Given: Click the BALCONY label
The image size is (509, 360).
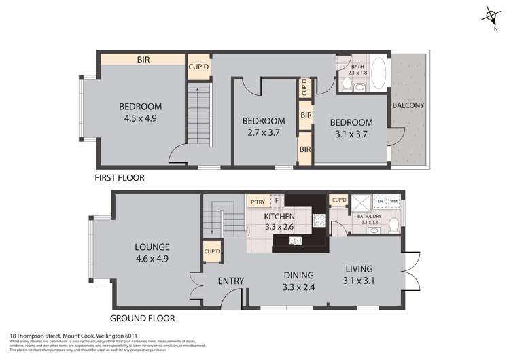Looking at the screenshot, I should [x=408, y=105].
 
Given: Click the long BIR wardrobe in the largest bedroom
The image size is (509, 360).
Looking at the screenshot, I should [x=143, y=60].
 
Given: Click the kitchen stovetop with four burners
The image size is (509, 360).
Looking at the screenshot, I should [x=317, y=219].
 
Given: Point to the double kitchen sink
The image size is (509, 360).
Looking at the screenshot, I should [x=294, y=240].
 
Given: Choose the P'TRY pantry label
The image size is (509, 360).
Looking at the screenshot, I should [x=258, y=202].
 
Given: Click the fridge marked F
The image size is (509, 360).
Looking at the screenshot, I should [x=276, y=201].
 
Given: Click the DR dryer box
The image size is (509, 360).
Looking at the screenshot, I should [x=381, y=202].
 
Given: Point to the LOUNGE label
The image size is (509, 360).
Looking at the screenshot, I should [x=152, y=247].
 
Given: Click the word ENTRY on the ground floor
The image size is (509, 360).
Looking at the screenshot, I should [x=231, y=281].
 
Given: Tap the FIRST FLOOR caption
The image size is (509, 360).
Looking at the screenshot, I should [x=120, y=177].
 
